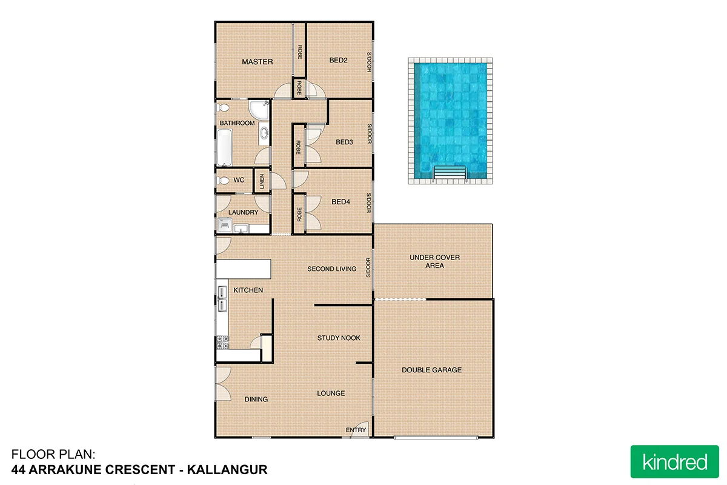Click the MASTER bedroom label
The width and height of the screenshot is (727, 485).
[x=257, y=62]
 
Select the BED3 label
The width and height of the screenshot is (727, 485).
[x=344, y=142]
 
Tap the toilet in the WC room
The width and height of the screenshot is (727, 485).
[x=223, y=181]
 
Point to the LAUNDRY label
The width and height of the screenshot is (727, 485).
[x=244, y=212]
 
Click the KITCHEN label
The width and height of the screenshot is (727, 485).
[x=248, y=290]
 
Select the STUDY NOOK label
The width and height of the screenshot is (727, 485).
[x=339, y=338]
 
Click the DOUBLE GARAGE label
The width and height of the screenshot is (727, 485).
[x=431, y=370]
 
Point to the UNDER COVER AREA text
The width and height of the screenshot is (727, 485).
[x=434, y=261]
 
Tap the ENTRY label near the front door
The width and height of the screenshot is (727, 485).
[x=356, y=430]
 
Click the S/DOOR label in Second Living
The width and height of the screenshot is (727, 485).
[x=368, y=268]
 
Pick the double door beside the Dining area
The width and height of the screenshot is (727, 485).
[x=223, y=383]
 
